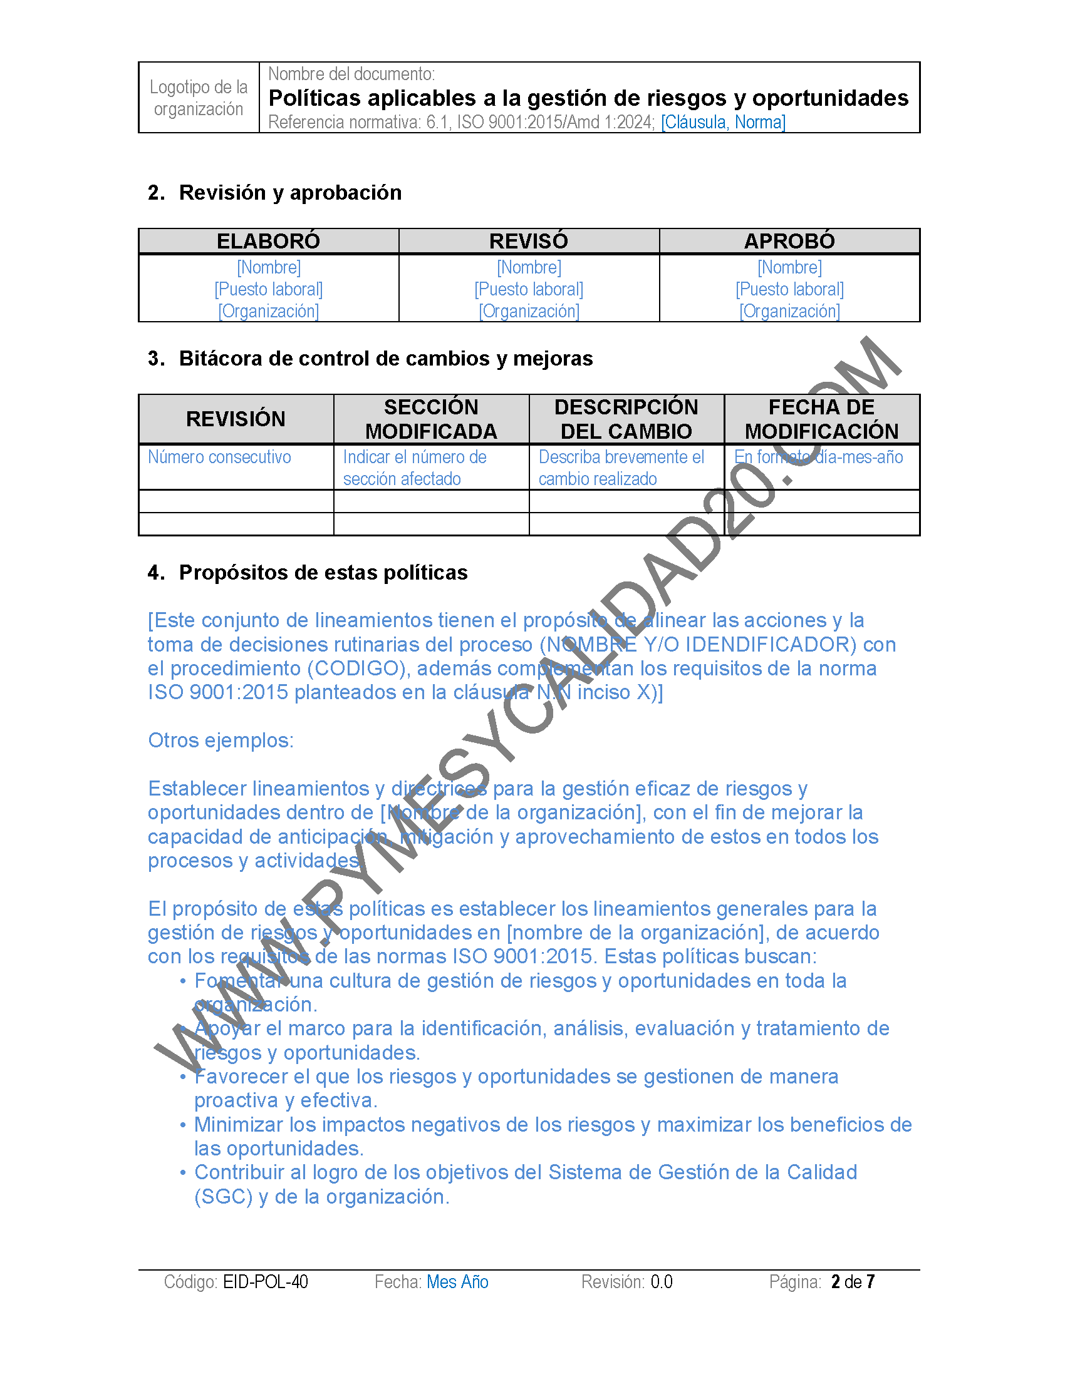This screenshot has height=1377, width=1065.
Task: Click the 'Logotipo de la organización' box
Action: tap(198, 98)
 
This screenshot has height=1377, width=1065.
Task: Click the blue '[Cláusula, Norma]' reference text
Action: tap(722, 121)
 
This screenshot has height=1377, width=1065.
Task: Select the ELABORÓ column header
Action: tap(268, 241)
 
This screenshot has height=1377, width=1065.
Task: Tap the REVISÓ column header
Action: tap(529, 241)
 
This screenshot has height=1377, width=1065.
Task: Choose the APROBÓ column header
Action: tap(789, 241)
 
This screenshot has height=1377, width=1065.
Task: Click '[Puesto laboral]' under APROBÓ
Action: tap(789, 289)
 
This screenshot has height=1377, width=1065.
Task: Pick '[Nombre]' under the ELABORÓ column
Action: tap(268, 267)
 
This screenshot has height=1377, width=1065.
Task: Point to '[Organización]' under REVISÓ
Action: tap(529, 312)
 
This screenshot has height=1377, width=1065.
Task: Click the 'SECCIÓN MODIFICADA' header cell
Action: tap(431, 419)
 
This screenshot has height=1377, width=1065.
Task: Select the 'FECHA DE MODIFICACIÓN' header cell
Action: tap(821, 419)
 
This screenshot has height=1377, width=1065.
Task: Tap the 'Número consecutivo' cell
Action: tap(219, 457)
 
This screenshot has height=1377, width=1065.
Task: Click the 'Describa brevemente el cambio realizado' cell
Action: tap(621, 468)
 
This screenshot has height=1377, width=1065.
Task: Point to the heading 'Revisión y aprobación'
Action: tap(290, 193)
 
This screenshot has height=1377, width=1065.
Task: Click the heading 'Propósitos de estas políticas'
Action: tap(323, 573)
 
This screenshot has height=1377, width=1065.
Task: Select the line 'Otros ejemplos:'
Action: tap(221, 740)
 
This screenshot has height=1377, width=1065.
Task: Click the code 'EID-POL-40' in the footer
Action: tap(266, 1282)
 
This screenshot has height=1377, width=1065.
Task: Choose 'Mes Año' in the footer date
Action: tap(457, 1282)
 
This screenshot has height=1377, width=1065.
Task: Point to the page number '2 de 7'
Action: tap(853, 1282)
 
